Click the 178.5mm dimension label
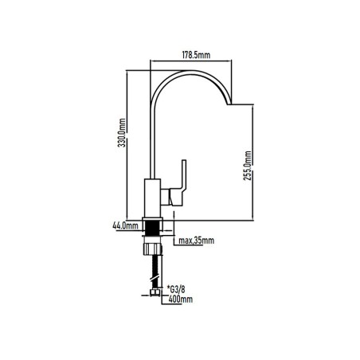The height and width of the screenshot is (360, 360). (196, 55)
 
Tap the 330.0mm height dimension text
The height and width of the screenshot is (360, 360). (122, 133)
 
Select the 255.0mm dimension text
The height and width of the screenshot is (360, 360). (247, 166)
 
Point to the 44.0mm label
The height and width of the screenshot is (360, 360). (125, 226)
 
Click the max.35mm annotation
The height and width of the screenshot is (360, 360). (196, 241)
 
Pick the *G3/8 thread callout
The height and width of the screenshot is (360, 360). (176, 289)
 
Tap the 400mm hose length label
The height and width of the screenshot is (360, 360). (181, 299)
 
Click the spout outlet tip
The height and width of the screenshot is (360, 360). (229, 104)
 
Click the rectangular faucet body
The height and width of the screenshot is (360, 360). (152, 198)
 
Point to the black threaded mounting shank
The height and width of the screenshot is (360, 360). (152, 228)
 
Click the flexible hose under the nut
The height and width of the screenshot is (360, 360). (155, 272)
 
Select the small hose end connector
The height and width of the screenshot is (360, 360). (155, 292)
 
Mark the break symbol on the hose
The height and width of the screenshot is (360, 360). (155, 278)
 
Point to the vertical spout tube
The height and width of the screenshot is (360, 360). (152, 141)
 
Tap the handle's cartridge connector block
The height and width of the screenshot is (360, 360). (165, 197)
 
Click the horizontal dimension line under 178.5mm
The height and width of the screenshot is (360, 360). (191, 61)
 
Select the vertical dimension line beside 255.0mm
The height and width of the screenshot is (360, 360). (252, 162)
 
